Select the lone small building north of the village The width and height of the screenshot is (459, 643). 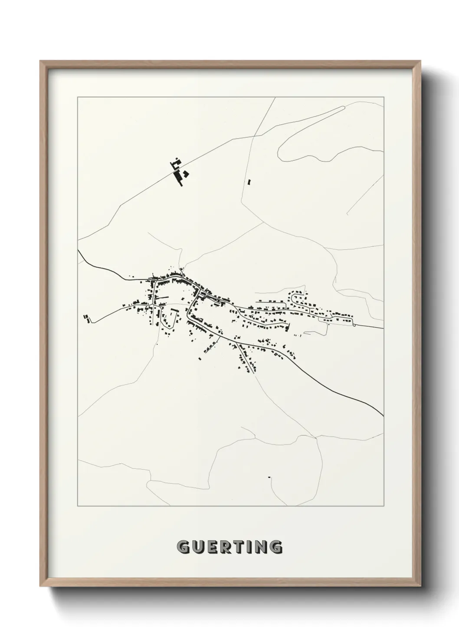coord(249,182)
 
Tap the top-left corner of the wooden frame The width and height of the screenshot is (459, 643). coord(41,61)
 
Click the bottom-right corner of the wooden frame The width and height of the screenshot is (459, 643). coord(420,587)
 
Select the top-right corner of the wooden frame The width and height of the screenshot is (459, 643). coord(420,61)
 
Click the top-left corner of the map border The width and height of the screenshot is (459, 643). coord(78,97)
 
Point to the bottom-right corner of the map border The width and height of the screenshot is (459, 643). coord(384,506)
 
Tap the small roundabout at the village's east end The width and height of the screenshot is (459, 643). coord(354,324)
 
